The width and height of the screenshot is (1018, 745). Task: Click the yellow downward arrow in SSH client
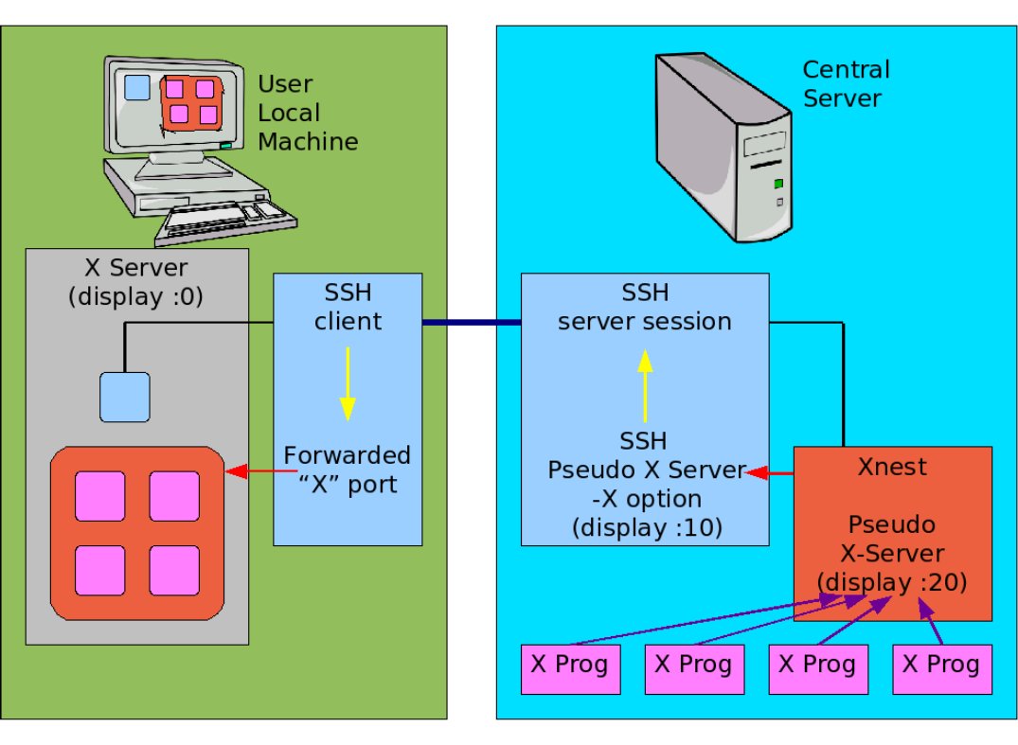coord(348,382)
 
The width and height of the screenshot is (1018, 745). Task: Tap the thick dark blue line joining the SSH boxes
coord(471,323)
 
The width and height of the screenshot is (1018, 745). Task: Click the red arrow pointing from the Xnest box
coord(770,472)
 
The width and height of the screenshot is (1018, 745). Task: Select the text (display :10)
coord(646,527)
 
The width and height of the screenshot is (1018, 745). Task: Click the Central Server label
coord(845,83)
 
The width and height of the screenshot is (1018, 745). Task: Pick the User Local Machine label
coord(308,114)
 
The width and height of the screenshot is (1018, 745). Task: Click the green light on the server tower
coord(778,183)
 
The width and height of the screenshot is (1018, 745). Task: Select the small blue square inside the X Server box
coord(125,397)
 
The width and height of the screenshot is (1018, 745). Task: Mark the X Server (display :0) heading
coord(136,281)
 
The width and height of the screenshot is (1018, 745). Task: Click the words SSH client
coord(348,307)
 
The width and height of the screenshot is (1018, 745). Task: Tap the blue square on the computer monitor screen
coord(137,87)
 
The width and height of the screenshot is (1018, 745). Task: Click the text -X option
coord(646,498)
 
